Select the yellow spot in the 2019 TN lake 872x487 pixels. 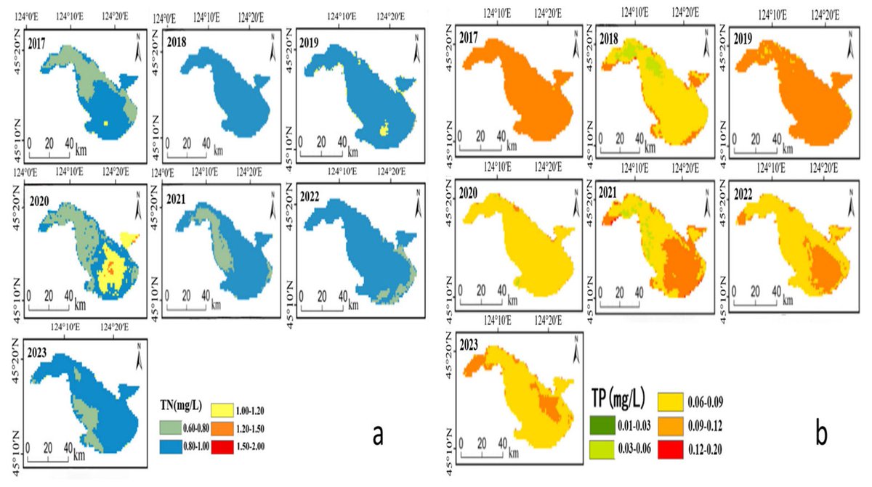pos(384,131)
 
